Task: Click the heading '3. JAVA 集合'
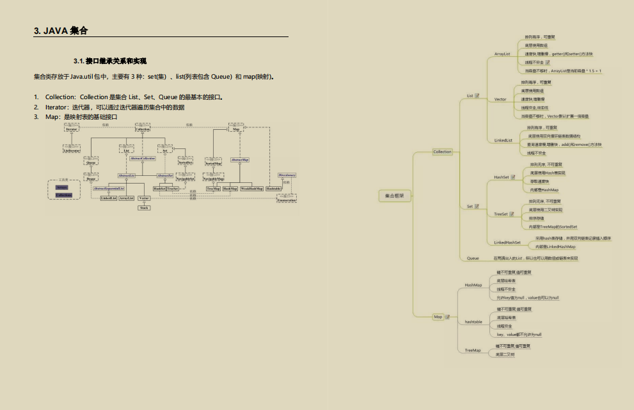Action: [x=61, y=31]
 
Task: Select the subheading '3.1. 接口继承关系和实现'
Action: [x=110, y=61]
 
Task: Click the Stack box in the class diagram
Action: [x=144, y=207]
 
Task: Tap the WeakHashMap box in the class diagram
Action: [x=251, y=189]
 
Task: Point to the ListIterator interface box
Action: [x=72, y=150]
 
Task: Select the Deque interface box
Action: [x=91, y=179]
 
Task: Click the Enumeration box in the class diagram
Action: [x=287, y=200]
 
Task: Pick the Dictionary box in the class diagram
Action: [x=287, y=175]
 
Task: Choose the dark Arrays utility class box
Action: [x=62, y=187]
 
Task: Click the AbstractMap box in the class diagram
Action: [x=240, y=159]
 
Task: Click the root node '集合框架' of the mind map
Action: [x=394, y=195]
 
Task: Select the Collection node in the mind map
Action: [x=442, y=152]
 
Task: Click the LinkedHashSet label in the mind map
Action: [x=507, y=242]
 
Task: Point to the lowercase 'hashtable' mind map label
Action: [x=473, y=322]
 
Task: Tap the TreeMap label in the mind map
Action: [x=473, y=351]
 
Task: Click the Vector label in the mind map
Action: [x=500, y=99]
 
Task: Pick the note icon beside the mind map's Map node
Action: [x=447, y=317]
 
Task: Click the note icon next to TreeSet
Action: [x=513, y=214]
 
